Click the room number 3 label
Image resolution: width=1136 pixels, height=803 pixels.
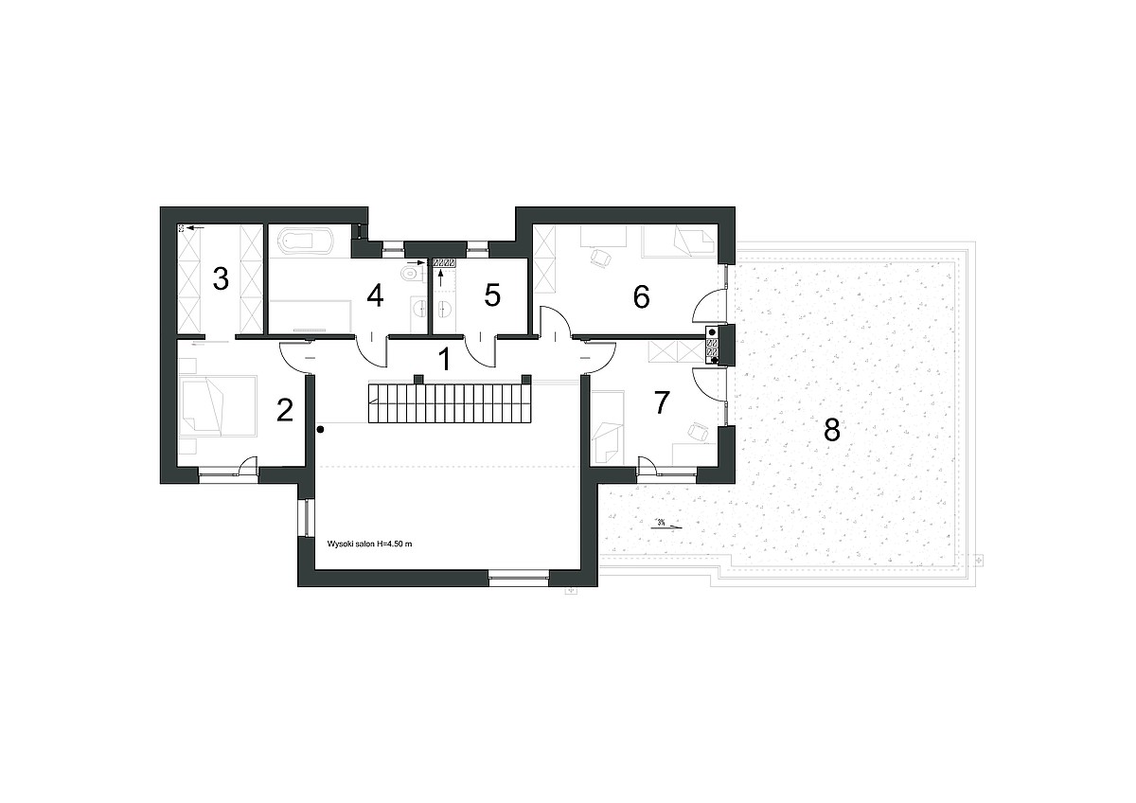tap(221, 279)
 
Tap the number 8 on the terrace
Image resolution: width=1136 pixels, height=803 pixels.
tap(832, 430)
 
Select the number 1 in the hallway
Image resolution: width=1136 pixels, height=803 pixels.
tap(444, 359)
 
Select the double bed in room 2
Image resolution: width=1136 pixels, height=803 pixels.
tap(217, 406)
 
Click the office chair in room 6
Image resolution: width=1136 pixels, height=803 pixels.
tap(601, 258)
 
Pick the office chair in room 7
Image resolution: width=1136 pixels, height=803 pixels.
tap(699, 431)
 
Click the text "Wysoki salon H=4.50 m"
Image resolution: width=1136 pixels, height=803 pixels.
tap(370, 544)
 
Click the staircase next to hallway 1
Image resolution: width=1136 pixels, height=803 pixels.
tap(450, 403)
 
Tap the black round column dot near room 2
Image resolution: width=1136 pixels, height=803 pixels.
tap(321, 430)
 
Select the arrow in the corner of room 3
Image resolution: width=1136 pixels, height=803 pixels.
tap(196, 228)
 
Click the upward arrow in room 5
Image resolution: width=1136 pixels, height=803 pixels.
tap(440, 277)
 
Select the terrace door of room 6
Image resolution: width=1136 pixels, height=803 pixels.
tap(710, 304)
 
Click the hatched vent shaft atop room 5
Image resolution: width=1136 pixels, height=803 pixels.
tap(444, 262)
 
